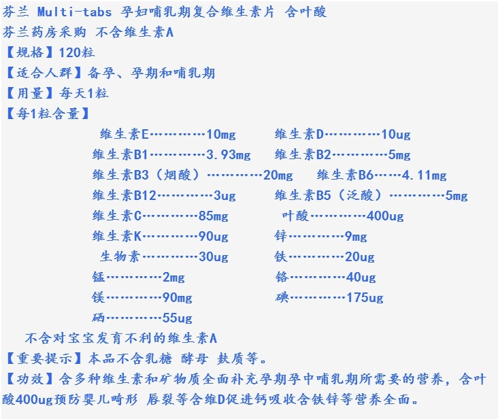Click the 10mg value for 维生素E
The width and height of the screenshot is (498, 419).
pyautogui.click(x=220, y=134)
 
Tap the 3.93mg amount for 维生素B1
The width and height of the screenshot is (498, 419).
pyautogui.click(x=228, y=154)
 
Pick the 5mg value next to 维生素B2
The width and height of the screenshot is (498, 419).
pyautogui.click(x=399, y=154)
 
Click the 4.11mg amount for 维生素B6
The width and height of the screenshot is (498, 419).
pyautogui.click(x=424, y=175)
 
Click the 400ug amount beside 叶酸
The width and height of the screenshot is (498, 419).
pyautogui.click(x=385, y=216)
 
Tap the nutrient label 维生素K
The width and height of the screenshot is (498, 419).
pyautogui.click(x=117, y=237)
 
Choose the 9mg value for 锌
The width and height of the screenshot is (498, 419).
pyautogui.click(x=356, y=237)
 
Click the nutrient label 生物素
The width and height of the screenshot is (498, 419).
pyautogui.click(x=120, y=257)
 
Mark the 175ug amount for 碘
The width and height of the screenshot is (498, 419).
pyautogui.click(x=365, y=298)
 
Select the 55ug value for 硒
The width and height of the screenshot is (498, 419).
pyautogui.click(x=177, y=318)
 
